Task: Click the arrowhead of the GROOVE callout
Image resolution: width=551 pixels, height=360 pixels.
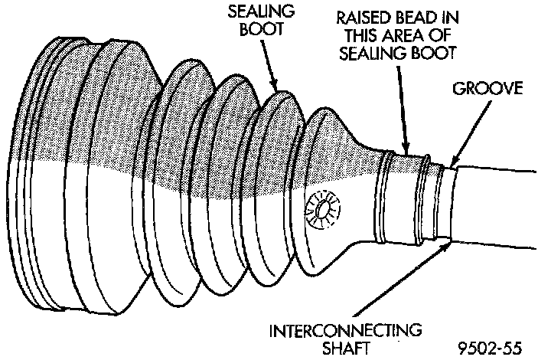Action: pyautogui.click(x=453, y=162)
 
